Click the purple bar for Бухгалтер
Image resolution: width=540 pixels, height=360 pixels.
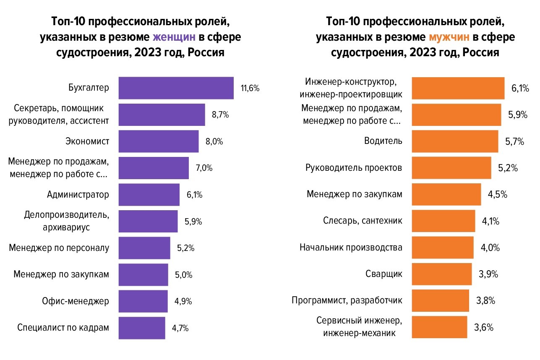(x=176, y=88)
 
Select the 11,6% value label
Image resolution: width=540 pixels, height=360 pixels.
(x=250, y=88)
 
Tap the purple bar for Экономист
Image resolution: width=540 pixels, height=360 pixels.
(x=159, y=141)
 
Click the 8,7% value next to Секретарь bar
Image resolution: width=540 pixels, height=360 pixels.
(x=220, y=115)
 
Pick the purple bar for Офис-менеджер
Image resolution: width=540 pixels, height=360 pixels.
(x=143, y=301)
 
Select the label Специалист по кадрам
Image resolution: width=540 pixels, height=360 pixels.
(x=63, y=328)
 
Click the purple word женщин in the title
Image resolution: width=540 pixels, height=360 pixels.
(x=174, y=37)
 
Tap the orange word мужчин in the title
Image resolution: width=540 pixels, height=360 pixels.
(x=449, y=37)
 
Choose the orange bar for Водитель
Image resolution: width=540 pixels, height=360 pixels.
(x=455, y=141)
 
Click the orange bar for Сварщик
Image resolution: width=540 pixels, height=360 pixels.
(x=442, y=274)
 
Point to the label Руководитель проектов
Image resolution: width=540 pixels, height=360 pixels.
(x=354, y=168)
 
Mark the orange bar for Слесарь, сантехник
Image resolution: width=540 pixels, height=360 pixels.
(x=443, y=221)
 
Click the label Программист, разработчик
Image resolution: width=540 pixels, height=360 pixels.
(x=347, y=301)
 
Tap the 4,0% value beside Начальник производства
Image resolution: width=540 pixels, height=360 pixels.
(x=489, y=248)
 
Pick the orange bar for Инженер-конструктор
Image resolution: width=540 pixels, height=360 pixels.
(x=458, y=88)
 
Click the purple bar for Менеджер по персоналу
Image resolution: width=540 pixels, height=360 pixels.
(x=144, y=248)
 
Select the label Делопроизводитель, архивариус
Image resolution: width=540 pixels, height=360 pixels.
(x=67, y=221)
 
